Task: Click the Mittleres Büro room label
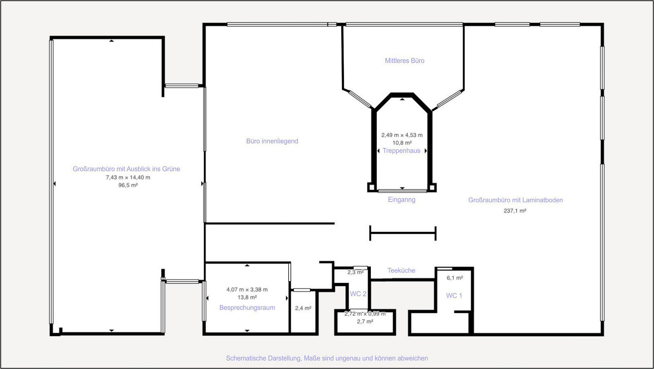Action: coord(405,61)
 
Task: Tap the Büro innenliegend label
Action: coord(272,141)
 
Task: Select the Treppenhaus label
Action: coord(402,151)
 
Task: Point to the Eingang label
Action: coord(402,200)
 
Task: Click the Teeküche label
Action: coord(401,270)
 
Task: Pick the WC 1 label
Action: coord(454,296)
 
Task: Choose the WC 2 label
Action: coord(358,294)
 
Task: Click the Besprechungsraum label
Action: coord(247,307)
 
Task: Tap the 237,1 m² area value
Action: coord(515,211)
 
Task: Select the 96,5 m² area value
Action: coord(128,185)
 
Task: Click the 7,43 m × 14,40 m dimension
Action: coord(128,177)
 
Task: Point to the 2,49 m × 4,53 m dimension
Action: coord(402,135)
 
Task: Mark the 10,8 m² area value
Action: coord(402,143)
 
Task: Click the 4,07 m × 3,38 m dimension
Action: coord(247,289)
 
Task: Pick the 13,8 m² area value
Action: coord(247,297)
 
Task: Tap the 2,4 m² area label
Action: coord(303,308)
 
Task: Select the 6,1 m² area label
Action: coord(455,278)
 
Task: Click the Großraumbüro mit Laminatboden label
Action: coord(515,200)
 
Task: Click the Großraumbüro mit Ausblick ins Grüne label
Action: coord(126,169)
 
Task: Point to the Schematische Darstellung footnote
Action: coord(327,358)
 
